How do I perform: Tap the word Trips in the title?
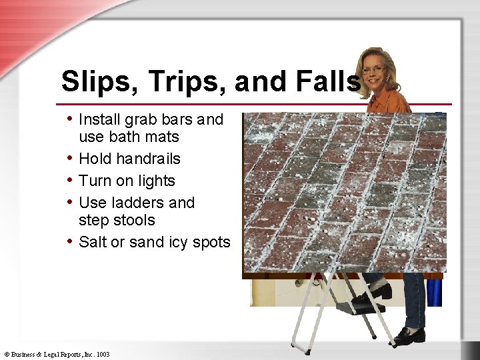tap(178, 82)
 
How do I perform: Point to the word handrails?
tap(148, 159)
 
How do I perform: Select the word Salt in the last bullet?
tap(92, 242)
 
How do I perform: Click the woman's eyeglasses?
tap(374, 69)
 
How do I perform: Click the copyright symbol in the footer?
tap(6, 355)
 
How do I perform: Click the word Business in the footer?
tap(23, 355)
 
